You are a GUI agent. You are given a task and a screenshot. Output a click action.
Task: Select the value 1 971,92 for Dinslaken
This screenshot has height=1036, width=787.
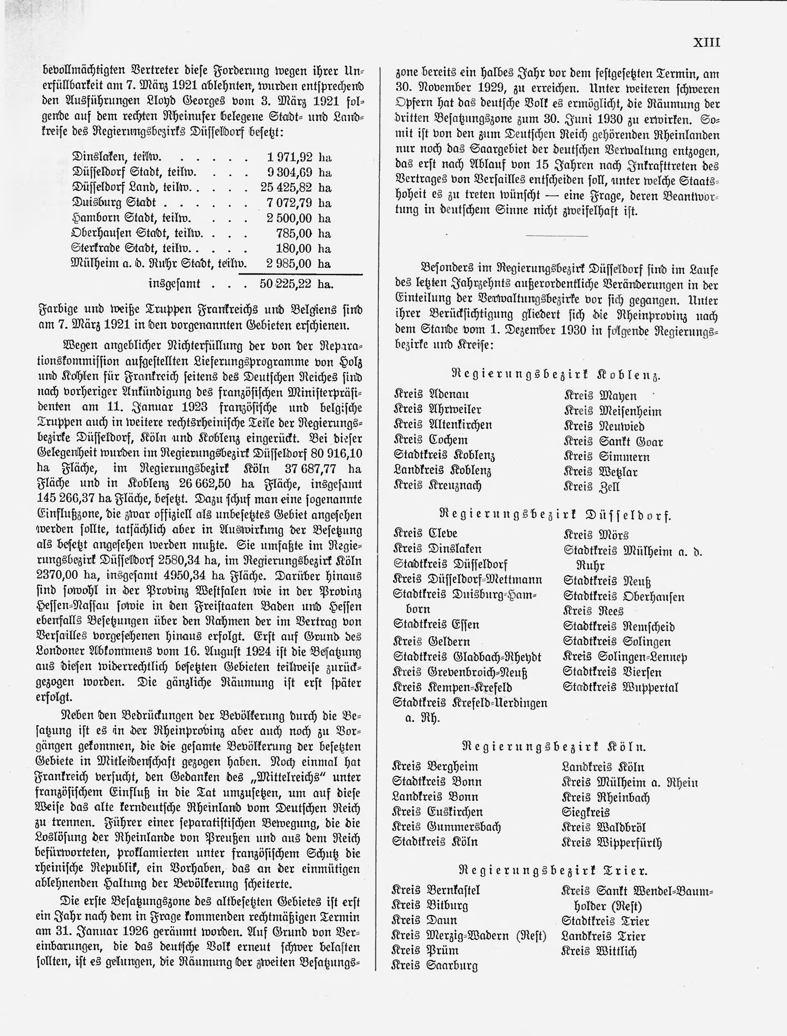[x=289, y=157]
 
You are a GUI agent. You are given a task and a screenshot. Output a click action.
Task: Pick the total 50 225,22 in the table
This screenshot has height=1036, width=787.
[x=285, y=284]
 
